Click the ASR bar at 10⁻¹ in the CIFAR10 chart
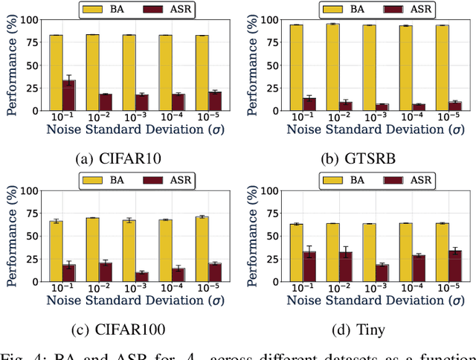pyautogui.click(x=68, y=95)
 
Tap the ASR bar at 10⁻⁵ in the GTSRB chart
pyautogui.click(x=454, y=106)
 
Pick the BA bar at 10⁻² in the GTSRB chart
pyautogui.click(x=333, y=68)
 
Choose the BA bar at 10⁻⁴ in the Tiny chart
pyautogui.click(x=405, y=252)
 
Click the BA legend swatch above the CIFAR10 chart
pyautogui.click(x=97, y=10)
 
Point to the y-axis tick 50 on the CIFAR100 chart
pyautogui.click(x=33, y=237)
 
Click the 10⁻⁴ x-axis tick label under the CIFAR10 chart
pyautogui.click(x=165, y=118)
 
